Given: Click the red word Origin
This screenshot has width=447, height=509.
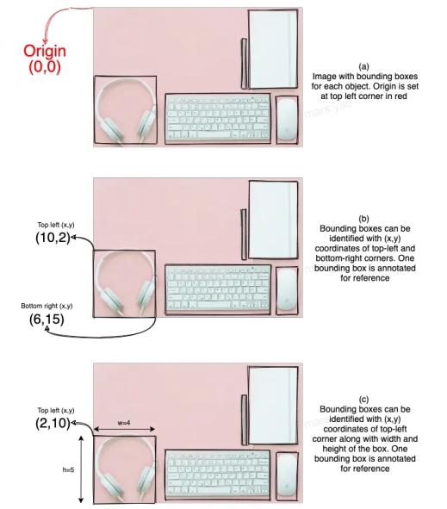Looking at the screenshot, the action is coord(45,52).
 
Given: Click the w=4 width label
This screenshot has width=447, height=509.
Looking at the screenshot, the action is coord(124,423).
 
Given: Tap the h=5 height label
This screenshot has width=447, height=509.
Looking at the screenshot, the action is coord(68,469).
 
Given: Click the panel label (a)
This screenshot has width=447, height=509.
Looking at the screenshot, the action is coord(363,66).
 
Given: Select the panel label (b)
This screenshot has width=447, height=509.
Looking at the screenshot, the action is coord(363,219).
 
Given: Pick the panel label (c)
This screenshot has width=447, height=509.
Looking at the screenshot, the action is coord(363,399).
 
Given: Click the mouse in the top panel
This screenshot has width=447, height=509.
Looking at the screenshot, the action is coord(287,119).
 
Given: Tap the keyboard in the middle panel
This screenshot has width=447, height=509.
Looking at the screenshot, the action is coord(218,289).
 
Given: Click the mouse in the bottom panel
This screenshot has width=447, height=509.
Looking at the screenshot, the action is coord(287,475).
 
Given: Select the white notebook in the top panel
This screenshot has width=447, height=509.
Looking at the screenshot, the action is coord(273,49).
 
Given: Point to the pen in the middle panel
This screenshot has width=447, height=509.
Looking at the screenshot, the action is coord(244,234).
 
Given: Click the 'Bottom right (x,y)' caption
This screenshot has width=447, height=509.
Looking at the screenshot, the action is coord(47,306).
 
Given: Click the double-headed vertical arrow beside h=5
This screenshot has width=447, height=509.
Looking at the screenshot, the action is coord(81,469).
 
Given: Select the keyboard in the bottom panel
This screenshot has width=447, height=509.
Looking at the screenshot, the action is coord(218,474).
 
